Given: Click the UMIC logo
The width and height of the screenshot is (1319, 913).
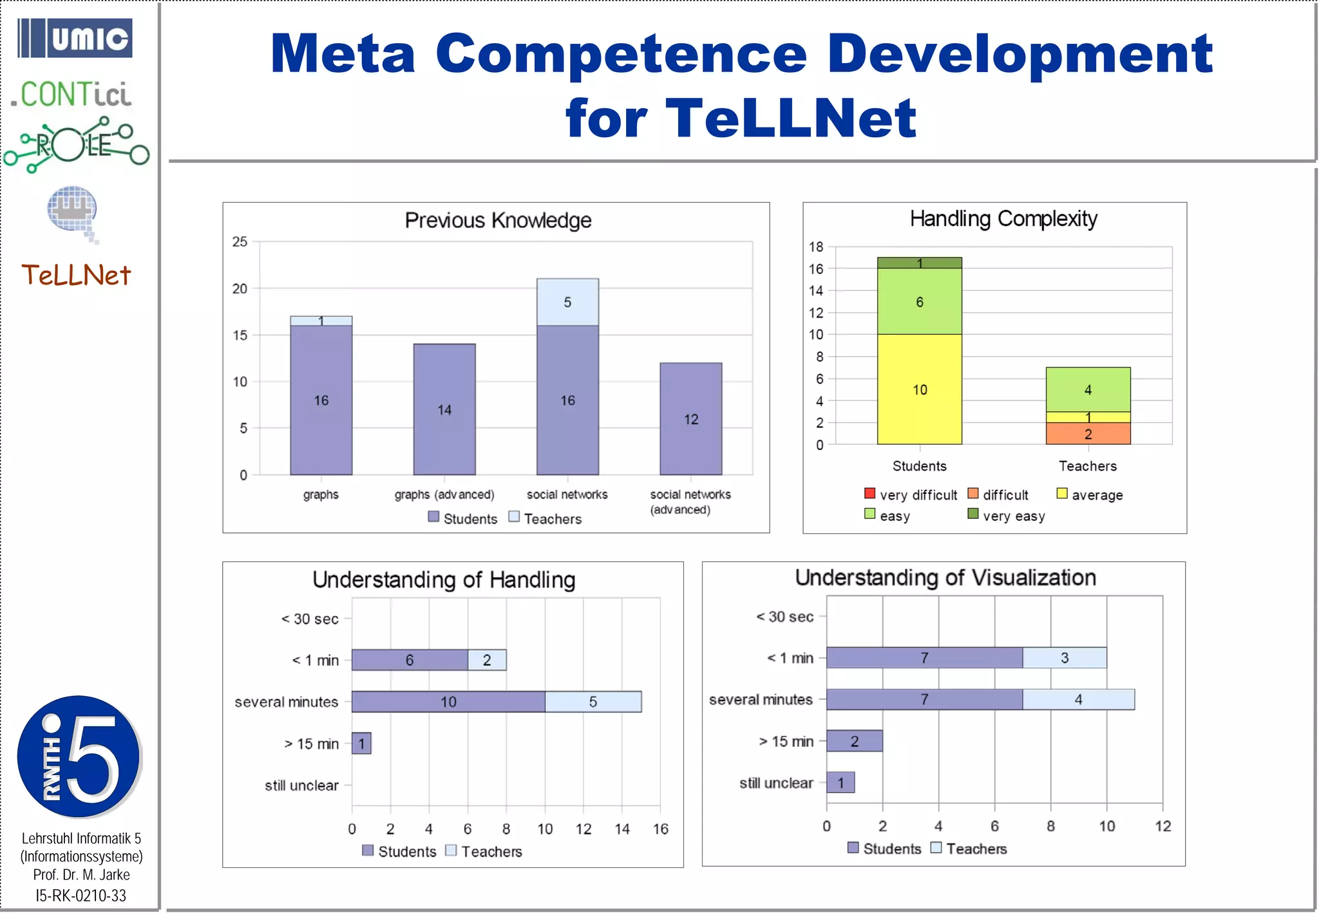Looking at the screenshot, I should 75,39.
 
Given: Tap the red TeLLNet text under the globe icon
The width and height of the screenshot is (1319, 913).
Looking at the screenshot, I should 76,276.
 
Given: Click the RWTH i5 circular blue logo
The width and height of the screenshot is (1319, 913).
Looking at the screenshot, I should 79,757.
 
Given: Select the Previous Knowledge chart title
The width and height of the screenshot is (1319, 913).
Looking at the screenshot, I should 498,221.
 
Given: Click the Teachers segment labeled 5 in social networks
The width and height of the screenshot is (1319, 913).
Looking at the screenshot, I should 567,302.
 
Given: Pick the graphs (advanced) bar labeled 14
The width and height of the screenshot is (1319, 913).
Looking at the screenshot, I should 444,409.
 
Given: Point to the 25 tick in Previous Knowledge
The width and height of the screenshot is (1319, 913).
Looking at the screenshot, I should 240,242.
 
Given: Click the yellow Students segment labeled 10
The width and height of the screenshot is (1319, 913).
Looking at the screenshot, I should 919,390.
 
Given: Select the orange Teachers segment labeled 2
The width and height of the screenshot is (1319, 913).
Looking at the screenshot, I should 1088,434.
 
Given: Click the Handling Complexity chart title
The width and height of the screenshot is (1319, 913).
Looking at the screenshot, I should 1003,220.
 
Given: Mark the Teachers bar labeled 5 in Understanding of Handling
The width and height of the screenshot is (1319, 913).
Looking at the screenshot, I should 593,702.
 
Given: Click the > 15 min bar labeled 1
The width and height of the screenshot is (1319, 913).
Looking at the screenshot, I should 361,744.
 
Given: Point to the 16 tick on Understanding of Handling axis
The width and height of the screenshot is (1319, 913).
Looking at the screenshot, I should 661,829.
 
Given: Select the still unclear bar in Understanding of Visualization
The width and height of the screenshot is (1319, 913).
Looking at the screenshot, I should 840,783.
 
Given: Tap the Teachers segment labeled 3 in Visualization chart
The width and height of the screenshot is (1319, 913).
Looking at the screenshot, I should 1065,658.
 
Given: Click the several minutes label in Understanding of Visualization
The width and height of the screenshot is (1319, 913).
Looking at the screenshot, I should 761,700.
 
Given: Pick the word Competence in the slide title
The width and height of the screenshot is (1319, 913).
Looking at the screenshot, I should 621,54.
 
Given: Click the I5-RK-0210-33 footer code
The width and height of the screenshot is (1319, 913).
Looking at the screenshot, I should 81,896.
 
